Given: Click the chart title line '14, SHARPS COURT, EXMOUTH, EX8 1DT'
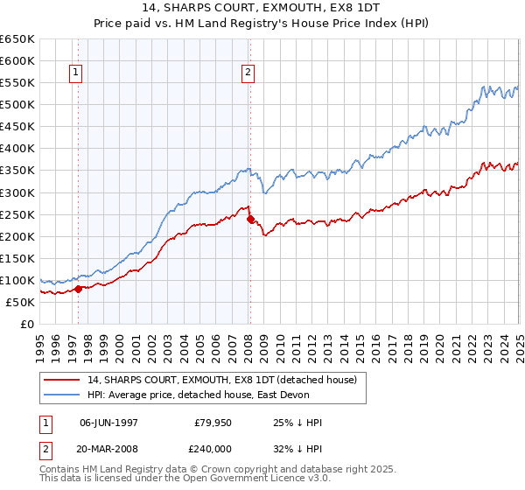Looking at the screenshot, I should (262, 8).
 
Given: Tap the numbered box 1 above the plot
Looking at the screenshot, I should (77, 73).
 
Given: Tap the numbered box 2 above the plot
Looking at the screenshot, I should (248, 73).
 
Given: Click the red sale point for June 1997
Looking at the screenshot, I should (78, 288).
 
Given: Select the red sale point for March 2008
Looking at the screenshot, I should (250, 219).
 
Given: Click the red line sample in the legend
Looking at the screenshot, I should (60, 380).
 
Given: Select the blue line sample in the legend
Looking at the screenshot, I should (60, 395).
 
